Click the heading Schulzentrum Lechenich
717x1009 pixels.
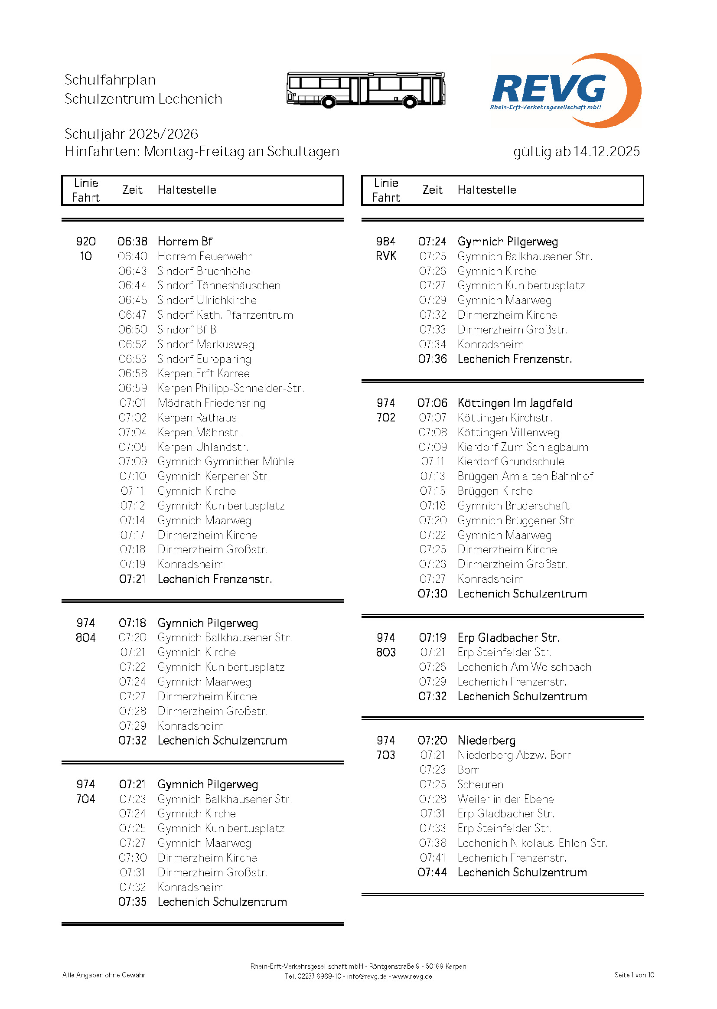(143, 99)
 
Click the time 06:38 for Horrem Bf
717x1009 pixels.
(133, 242)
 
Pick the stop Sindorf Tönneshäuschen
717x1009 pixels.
(218, 286)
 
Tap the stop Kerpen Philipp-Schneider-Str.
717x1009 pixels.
(231, 388)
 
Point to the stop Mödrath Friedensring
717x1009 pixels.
(212, 403)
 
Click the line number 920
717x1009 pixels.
(86, 242)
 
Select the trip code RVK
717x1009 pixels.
(386, 256)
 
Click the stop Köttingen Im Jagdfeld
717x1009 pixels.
(515, 403)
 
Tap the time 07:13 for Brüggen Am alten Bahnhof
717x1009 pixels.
(432, 476)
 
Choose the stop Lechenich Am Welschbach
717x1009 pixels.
(524, 667)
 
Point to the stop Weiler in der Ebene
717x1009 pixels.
(505, 799)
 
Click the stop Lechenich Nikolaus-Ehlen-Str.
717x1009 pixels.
(532, 843)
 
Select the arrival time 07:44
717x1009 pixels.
(432, 872)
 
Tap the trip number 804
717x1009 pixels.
(86, 638)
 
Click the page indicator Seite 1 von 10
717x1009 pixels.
(634, 975)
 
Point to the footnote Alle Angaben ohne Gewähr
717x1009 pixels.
(104, 975)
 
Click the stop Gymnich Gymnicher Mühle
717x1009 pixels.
(225, 461)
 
